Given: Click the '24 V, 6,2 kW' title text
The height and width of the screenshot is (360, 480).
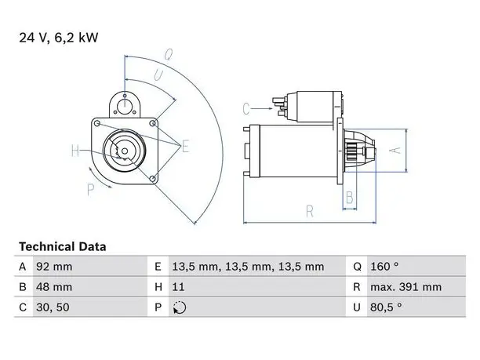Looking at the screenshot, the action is (x=59, y=38).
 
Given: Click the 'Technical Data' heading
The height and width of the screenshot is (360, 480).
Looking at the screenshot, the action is (x=63, y=247).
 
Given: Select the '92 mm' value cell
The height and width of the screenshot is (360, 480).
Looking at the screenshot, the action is (x=54, y=267).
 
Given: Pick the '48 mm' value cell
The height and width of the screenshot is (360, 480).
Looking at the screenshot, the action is (x=54, y=287).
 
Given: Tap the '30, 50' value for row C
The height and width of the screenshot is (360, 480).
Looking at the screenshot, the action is (x=53, y=307).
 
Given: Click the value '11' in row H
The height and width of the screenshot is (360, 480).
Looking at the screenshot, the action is (x=178, y=287).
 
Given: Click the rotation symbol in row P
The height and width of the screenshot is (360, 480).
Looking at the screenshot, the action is (x=180, y=307).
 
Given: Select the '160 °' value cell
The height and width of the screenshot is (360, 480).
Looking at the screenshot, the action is (x=384, y=267).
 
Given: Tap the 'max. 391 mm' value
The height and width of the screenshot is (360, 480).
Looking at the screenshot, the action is (x=406, y=287).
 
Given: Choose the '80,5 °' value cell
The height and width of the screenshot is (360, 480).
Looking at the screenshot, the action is (x=386, y=307).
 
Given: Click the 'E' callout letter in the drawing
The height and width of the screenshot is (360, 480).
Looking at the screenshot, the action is (x=186, y=146).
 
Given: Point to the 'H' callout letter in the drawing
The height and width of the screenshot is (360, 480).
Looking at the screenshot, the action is (x=75, y=151).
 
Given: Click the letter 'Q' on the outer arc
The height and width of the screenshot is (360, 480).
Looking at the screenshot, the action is (x=169, y=55).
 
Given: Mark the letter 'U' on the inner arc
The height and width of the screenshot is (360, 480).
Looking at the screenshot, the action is (x=158, y=75).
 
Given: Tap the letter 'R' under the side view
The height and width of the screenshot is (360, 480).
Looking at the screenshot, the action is (x=310, y=212).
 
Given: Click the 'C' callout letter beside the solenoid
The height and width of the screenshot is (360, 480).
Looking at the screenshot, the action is (x=246, y=109).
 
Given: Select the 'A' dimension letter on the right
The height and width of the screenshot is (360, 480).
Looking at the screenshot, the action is (x=395, y=151).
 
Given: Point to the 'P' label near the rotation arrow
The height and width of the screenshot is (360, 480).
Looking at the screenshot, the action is (x=91, y=190).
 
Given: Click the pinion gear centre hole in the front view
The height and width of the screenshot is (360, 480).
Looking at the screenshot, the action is (x=125, y=151).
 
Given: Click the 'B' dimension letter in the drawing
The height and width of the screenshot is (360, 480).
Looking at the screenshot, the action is (x=350, y=198).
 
